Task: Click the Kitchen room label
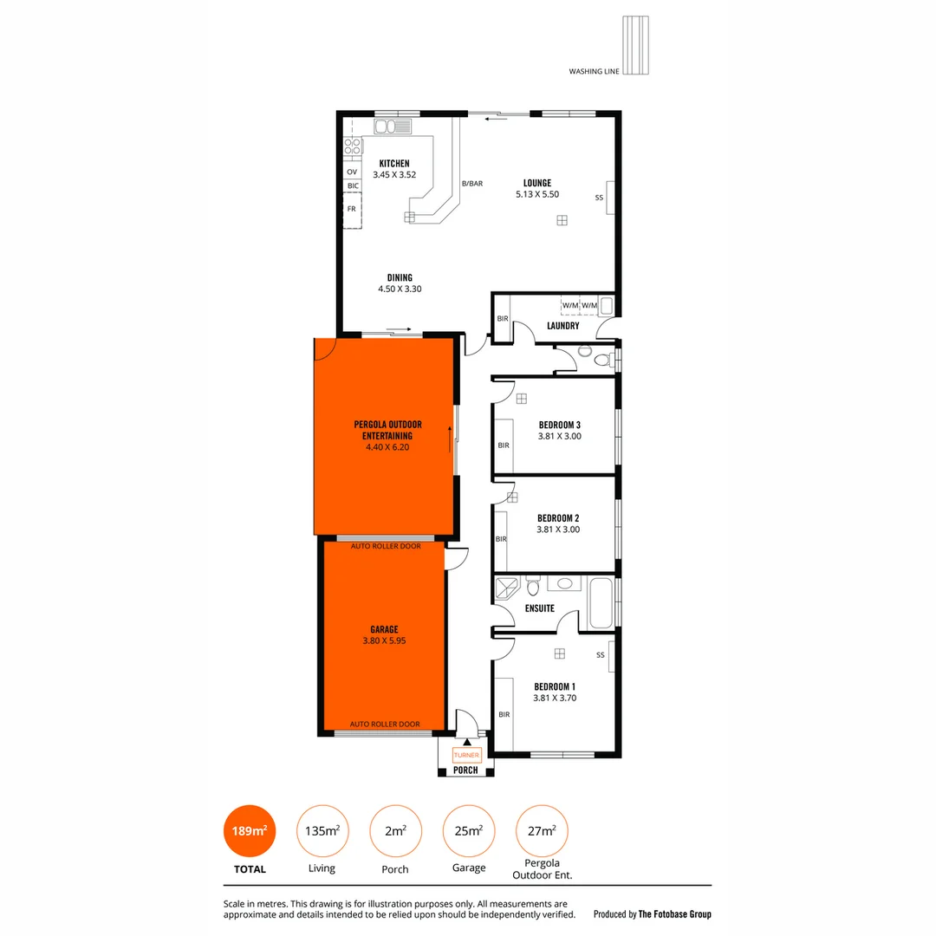pos(394,164)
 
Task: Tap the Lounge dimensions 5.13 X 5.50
pos(536,194)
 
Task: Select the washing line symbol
pos(636,46)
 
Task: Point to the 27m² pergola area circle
pos(542,830)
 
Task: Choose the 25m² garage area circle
pos(468,830)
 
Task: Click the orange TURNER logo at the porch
pos(466,756)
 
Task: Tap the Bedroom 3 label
pos(559,425)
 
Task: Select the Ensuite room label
pos(539,608)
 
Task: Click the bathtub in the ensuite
pos(601,604)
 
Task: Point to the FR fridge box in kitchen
pos(352,209)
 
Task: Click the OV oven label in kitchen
pos(352,172)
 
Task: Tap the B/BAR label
pos(471,183)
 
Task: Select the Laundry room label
pos(562,326)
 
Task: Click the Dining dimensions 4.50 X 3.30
pos(400,289)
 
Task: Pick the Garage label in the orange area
pos(384,630)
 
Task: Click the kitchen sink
pos(396,127)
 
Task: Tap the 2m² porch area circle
pos(395,830)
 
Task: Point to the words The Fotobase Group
pos(674,913)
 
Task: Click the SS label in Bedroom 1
pos(600,655)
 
